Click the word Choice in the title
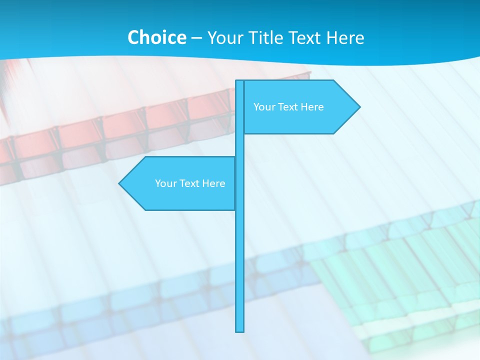click(156, 37)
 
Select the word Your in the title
click(224, 38)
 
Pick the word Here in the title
click(345, 37)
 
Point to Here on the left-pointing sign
click(213, 183)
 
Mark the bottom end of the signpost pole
click(240, 330)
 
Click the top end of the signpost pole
click(240, 82)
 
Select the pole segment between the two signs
click(240, 145)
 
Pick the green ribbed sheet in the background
click(400, 265)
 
